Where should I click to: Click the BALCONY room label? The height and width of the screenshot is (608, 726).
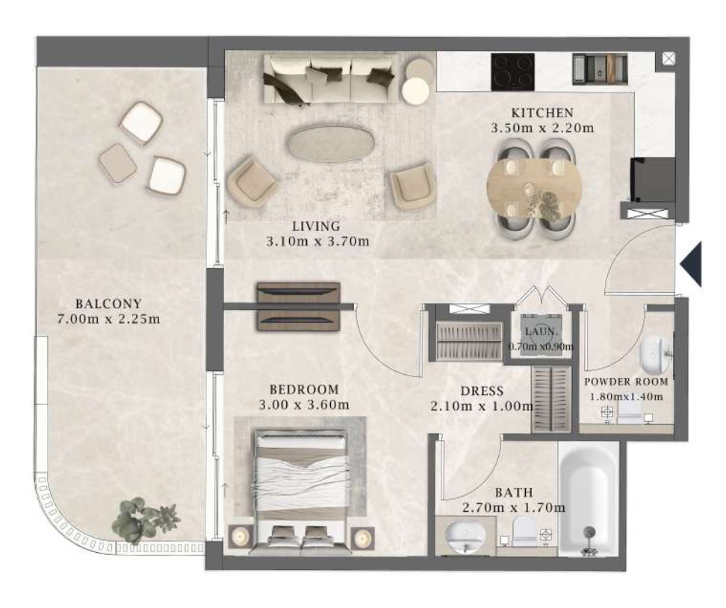coord(108,304)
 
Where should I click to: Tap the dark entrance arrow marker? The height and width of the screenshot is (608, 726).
coord(692,264)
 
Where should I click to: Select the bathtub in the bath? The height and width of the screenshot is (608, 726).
coord(589,499)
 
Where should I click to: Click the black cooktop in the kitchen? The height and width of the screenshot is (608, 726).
coord(513,72)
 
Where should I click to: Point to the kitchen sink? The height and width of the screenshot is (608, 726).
coord(600,69)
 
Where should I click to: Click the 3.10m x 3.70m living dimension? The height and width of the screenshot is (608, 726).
coord(317,241)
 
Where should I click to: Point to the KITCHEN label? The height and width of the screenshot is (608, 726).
coord(542,113)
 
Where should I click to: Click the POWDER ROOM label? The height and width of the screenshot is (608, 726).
coord(626,382)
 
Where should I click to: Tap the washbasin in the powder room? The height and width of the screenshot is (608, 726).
coord(655,354)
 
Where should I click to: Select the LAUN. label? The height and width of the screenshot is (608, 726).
coord(541,332)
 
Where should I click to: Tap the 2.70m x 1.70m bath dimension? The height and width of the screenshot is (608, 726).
coord(513,507)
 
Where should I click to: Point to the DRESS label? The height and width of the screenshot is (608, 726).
coord(482,391)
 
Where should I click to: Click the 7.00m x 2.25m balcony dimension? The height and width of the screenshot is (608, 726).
coord(109,319)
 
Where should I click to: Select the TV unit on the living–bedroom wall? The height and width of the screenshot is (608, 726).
coord(299,305)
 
